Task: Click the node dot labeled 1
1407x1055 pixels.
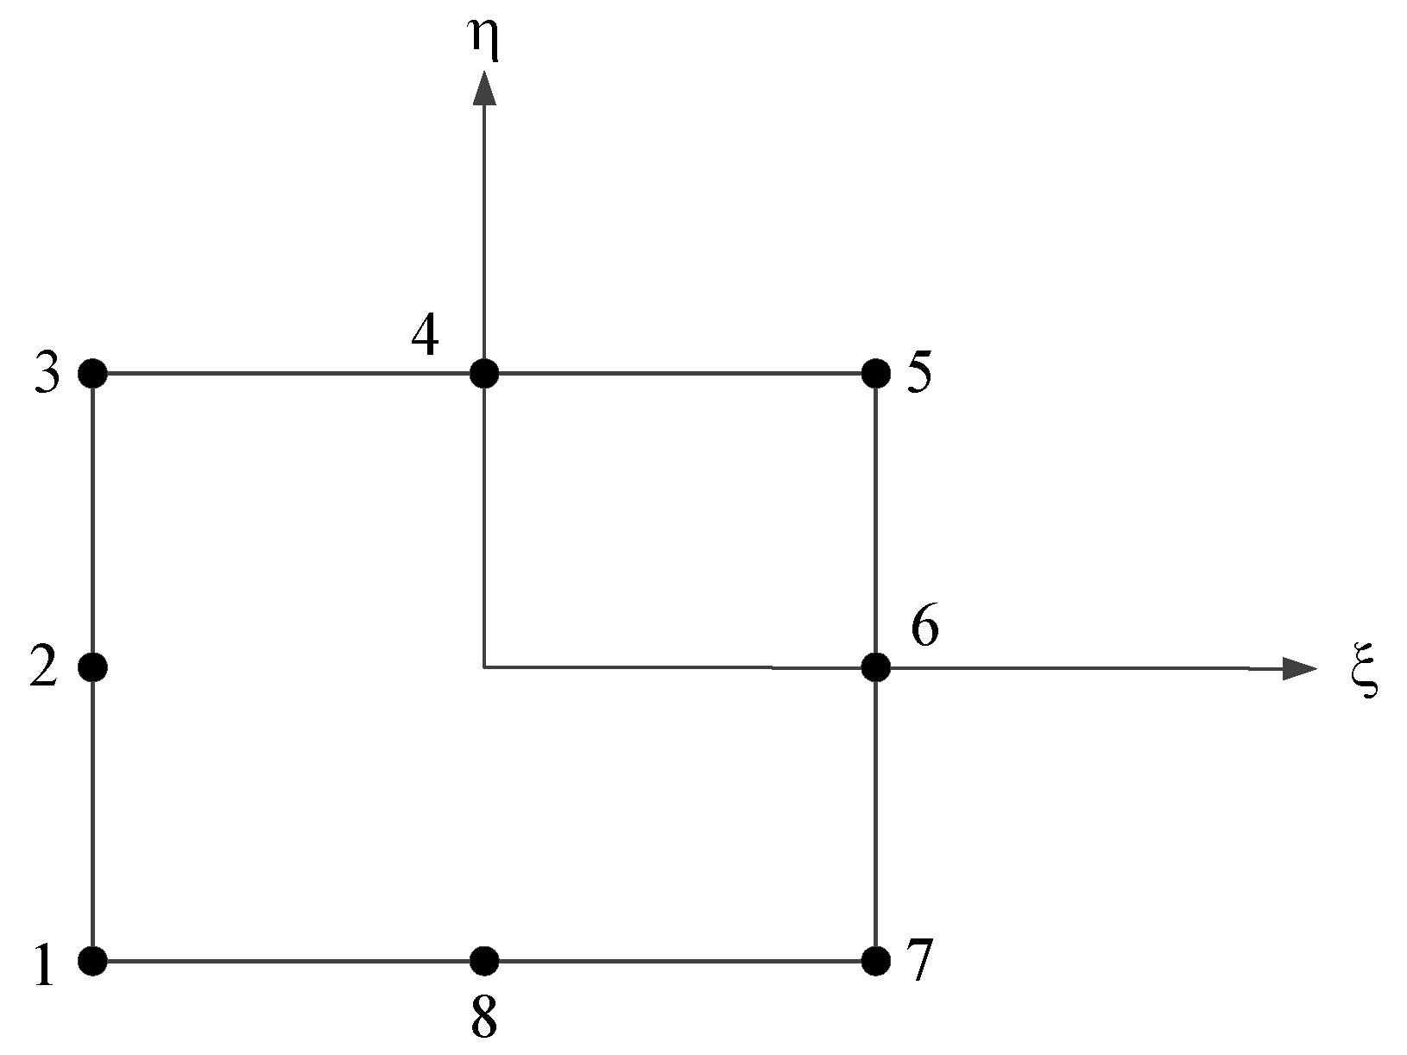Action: [92, 959]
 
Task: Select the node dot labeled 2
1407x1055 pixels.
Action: [92, 666]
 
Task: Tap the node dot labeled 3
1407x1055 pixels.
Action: [92, 374]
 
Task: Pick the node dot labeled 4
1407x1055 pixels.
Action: [484, 374]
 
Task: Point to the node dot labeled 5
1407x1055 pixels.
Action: [876, 374]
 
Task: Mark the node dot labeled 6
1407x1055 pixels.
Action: [876, 666]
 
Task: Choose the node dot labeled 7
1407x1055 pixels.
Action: [876, 959]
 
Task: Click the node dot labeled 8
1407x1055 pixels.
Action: [484, 959]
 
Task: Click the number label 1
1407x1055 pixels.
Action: [43, 965]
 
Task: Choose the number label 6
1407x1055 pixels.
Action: [925, 628]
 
